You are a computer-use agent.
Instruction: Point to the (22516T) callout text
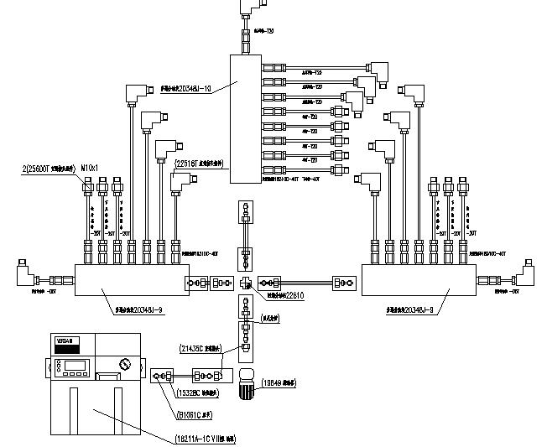[x=198, y=164]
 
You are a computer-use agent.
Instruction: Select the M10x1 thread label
[x=89, y=169]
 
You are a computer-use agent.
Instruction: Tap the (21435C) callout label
[x=201, y=346]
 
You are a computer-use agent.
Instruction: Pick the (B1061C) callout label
[x=195, y=413]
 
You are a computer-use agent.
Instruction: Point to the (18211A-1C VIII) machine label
[x=193, y=438]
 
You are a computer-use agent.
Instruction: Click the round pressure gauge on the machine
[x=125, y=366]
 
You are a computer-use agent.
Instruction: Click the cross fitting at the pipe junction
[x=246, y=283]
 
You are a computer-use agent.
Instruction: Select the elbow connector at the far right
[x=529, y=273]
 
